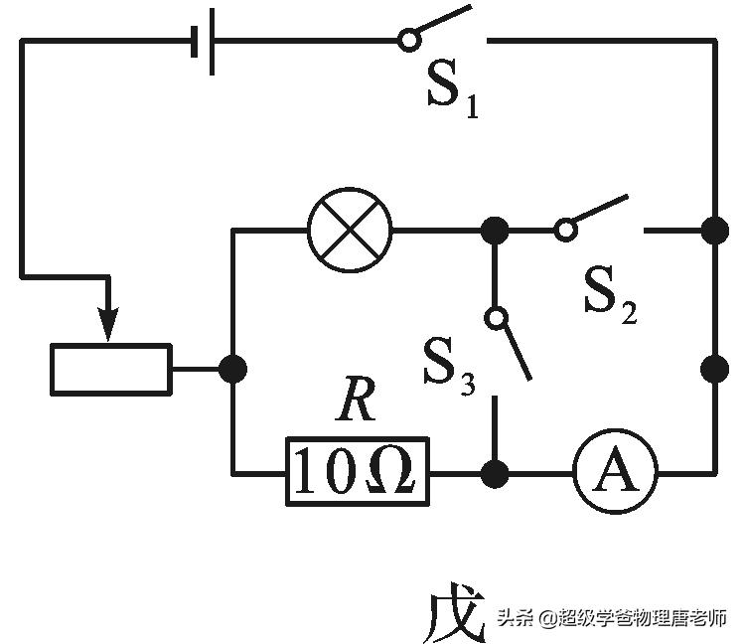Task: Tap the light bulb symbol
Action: point(351,231)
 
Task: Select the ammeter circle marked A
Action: point(615,473)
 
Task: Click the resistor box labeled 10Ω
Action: point(358,473)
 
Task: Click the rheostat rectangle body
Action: point(111,369)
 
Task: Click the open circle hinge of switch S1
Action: point(407,41)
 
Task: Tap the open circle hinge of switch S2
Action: point(565,231)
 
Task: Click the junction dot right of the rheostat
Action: point(232,369)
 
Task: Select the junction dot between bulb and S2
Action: point(494,231)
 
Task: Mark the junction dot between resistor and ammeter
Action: point(494,473)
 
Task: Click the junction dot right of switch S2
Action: point(713,231)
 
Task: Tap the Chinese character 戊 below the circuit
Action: point(453,614)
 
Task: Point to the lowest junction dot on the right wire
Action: point(713,369)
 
